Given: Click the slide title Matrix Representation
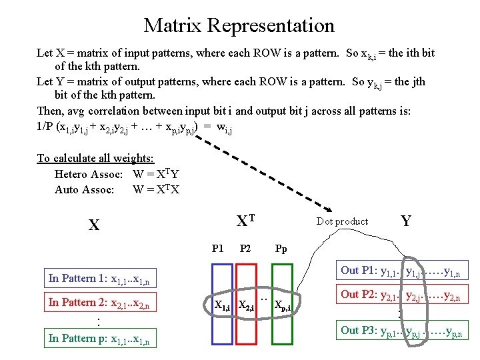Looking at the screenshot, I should tap(239, 25).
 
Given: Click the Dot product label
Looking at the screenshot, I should tap(342, 221).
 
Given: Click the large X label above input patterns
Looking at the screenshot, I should tap(95, 225).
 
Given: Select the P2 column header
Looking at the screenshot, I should tap(245, 249).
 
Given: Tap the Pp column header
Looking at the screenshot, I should tap(281, 249).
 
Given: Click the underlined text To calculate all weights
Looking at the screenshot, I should tap(95, 158).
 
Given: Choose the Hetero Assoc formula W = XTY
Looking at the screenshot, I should tap(156, 174).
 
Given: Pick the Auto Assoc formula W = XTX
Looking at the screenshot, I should tap(156, 189).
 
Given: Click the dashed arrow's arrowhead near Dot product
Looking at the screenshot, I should tap(333, 209).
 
